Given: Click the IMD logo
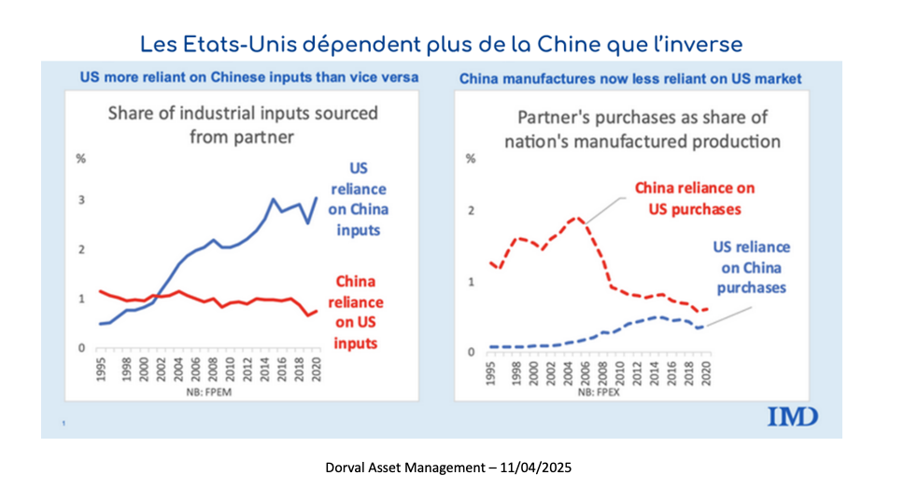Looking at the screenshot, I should (x=792, y=415).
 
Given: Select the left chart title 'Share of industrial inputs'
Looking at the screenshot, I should (x=243, y=124).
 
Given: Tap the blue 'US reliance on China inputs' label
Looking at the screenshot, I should (x=358, y=199).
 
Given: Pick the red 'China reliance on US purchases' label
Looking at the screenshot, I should (x=694, y=198).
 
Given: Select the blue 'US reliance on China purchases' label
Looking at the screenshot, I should (x=752, y=268).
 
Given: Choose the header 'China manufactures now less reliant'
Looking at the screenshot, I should (x=630, y=79).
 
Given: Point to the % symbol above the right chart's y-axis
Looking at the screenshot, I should (x=470, y=159).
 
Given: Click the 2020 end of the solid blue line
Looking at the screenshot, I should (x=318, y=198).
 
